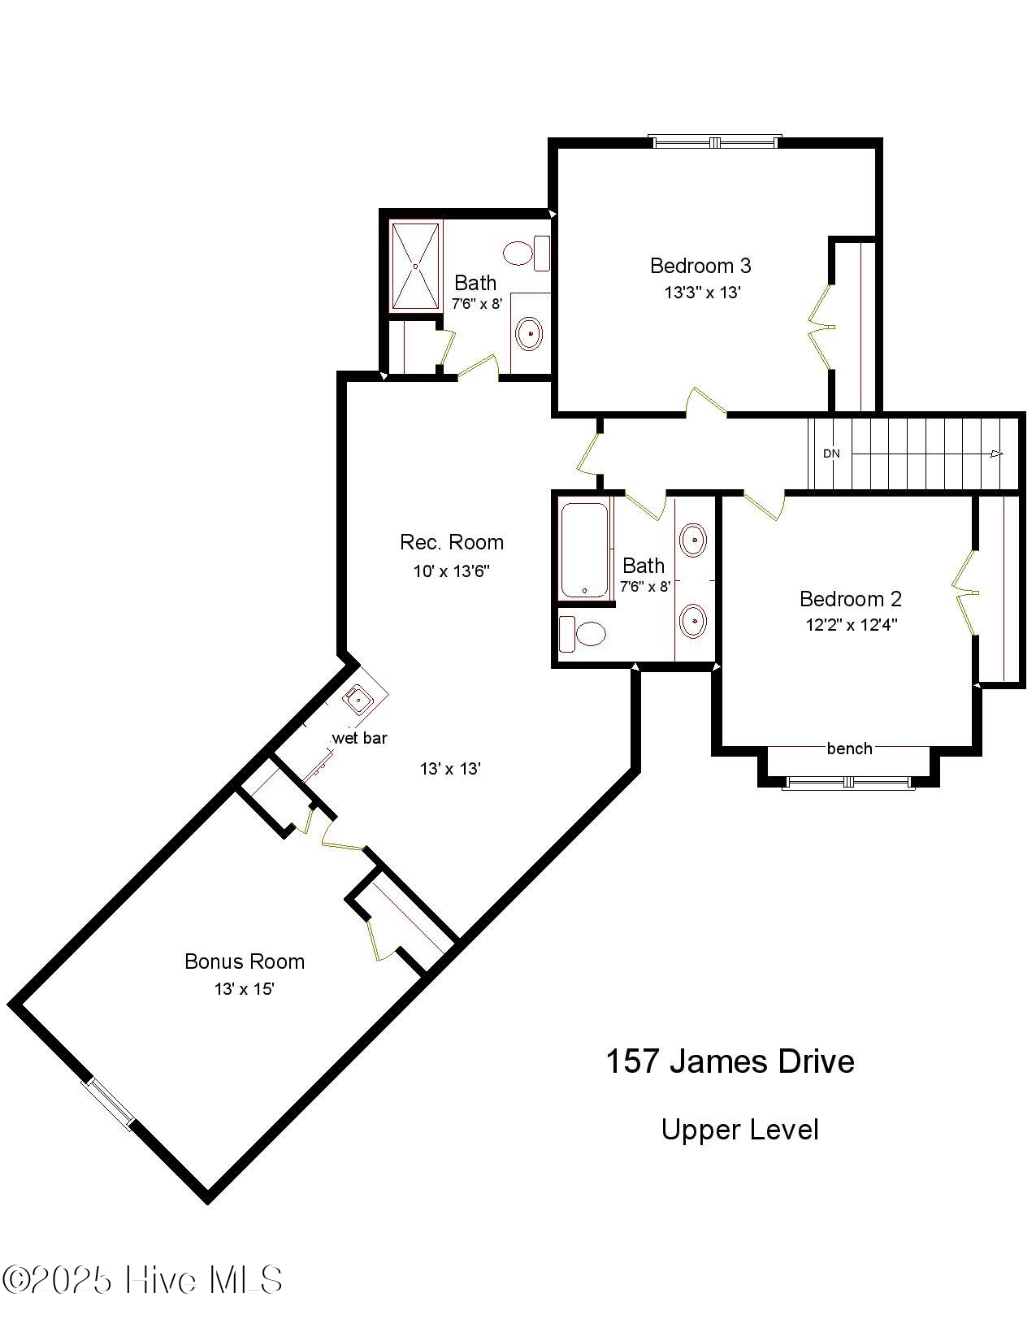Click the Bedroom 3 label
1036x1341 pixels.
[700, 266]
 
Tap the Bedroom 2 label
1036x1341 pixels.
[850, 600]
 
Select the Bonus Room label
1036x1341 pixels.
[245, 961]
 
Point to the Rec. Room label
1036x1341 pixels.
[452, 542]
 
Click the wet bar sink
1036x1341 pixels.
[358, 698]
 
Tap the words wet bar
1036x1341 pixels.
[359, 738]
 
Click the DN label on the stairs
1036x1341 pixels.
[831, 454]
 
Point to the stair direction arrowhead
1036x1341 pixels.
[997, 454]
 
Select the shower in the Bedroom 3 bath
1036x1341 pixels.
[416, 265]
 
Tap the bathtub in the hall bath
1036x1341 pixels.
[584, 551]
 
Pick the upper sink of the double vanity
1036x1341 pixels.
[693, 540]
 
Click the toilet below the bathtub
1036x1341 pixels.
[583, 634]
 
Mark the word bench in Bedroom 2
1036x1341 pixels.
[849, 749]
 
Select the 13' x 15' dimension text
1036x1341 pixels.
[244, 989]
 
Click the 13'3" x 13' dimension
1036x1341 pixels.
[702, 293]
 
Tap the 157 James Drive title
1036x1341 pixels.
[730, 1061]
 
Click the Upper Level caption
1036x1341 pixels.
[739, 1130]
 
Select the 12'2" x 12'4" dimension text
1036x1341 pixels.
[851, 625]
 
